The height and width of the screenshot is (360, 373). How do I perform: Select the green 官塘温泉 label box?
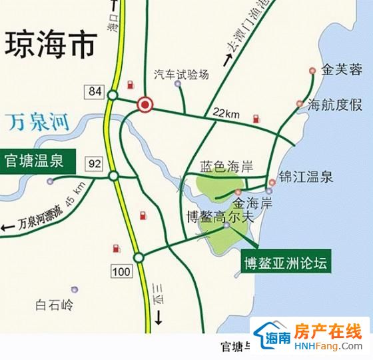pyautogui.click(x=37, y=161)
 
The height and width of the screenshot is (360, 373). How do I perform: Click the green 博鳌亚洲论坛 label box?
pyautogui.click(x=285, y=262)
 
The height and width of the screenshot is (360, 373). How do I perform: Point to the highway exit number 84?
pyautogui.click(x=93, y=90)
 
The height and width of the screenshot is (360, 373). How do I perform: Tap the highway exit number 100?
pyautogui.click(x=122, y=271)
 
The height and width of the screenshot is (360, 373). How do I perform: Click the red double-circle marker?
pyautogui.click(x=145, y=104)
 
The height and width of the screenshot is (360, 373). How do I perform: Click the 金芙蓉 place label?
pyautogui.click(x=341, y=69)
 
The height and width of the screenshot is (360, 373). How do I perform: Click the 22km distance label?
pyautogui.click(x=226, y=114)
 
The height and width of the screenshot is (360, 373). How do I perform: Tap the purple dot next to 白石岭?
pyautogui.click(x=75, y=289)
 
